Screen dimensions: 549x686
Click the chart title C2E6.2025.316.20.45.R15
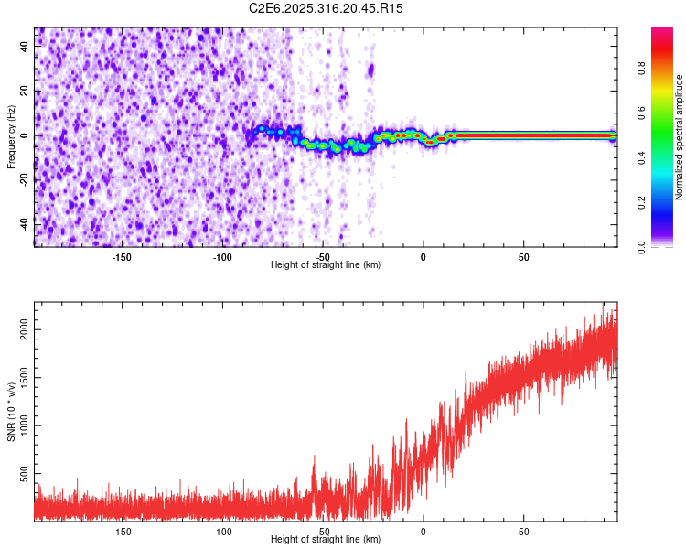point(326,8)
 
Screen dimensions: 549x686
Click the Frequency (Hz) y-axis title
point(11,136)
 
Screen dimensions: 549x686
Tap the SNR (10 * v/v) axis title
point(11,411)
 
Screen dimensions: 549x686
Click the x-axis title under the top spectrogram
point(326,264)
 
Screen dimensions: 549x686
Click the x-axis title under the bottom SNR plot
point(326,539)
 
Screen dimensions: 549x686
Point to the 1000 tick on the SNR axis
point(26,425)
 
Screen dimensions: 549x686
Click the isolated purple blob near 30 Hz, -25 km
point(371,70)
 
